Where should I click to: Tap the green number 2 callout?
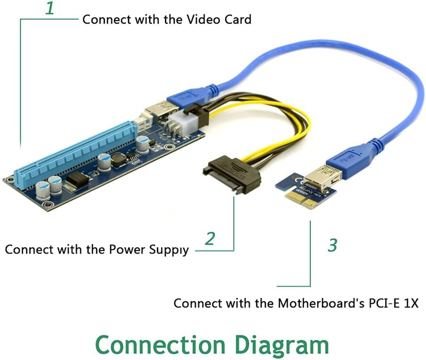[210, 239]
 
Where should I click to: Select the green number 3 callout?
[332, 245]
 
